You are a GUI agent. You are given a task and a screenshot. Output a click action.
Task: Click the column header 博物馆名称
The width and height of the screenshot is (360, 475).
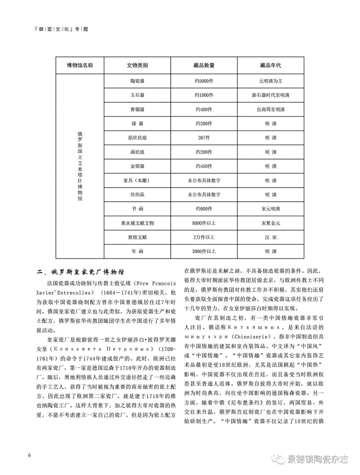(x=80, y=65)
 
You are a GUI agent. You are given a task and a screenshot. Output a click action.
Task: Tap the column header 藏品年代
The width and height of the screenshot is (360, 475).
(x=270, y=65)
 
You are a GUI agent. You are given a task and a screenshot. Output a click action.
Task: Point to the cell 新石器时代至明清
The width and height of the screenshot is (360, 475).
(x=270, y=95)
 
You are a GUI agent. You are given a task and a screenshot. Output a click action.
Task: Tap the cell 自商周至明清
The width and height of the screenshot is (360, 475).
(x=270, y=109)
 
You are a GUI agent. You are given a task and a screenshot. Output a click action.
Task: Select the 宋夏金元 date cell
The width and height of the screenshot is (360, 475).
(x=270, y=223)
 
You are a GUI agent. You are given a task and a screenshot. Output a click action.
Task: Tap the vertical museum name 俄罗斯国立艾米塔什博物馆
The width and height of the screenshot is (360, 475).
(x=80, y=167)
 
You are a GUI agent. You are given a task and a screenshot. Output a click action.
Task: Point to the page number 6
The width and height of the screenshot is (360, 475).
(x=29, y=455)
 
